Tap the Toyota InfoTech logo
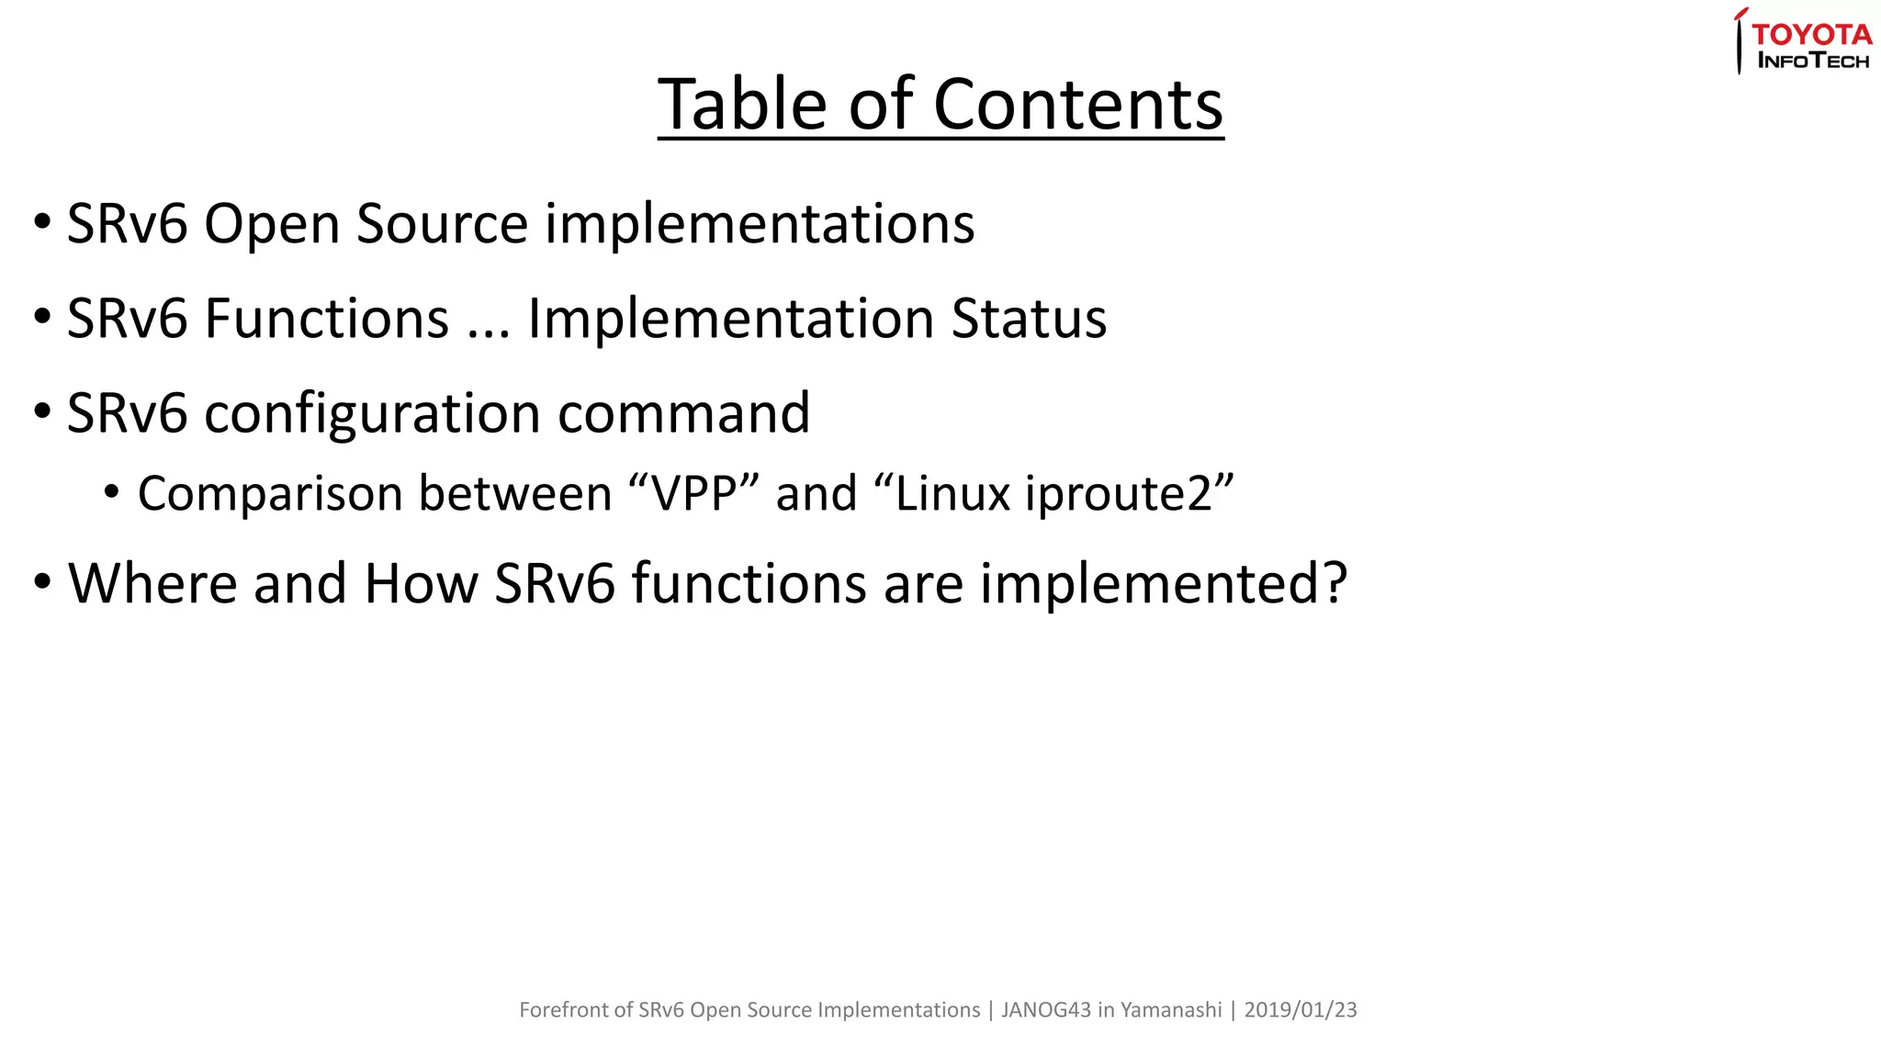coord(1804,42)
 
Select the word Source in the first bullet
coord(442,224)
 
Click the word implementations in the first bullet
coord(760,224)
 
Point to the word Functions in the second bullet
coord(326,319)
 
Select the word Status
coord(1029,319)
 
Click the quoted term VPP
coord(693,494)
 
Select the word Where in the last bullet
coord(152,583)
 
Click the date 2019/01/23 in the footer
coord(1300,1010)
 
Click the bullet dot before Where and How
coord(42,583)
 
